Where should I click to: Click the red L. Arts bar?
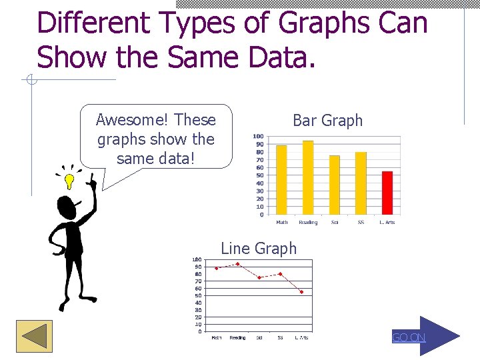(387, 193)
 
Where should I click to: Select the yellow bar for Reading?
(308, 177)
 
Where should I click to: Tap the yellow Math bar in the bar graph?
(281, 180)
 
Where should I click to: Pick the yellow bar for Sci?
(335, 185)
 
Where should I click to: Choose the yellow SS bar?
(361, 183)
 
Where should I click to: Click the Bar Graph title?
(327, 121)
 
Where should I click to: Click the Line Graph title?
(259, 249)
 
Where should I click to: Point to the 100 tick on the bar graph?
(258, 136)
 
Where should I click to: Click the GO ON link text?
(409, 337)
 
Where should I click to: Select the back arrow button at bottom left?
(34, 336)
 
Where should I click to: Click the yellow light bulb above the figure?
(69, 181)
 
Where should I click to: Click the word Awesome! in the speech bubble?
(132, 120)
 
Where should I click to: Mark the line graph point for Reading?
(237, 264)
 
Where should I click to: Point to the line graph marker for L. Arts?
(301, 292)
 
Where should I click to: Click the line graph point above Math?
(217, 268)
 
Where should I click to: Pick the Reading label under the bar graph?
(308, 222)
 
